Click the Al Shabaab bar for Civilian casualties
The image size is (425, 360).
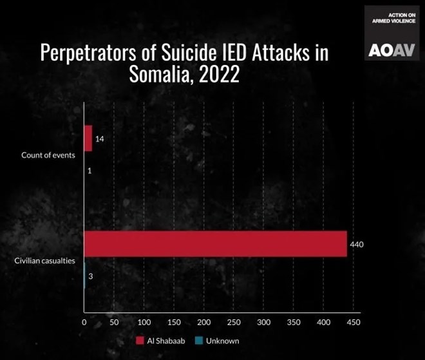216,243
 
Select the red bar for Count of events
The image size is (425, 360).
88,138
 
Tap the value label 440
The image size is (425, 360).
357,244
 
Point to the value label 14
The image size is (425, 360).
100,139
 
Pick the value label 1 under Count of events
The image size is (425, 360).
88,171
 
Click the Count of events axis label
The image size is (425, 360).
48,155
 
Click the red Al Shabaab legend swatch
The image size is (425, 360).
140,340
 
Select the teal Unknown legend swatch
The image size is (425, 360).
198,340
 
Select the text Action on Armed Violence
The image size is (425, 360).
393,17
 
